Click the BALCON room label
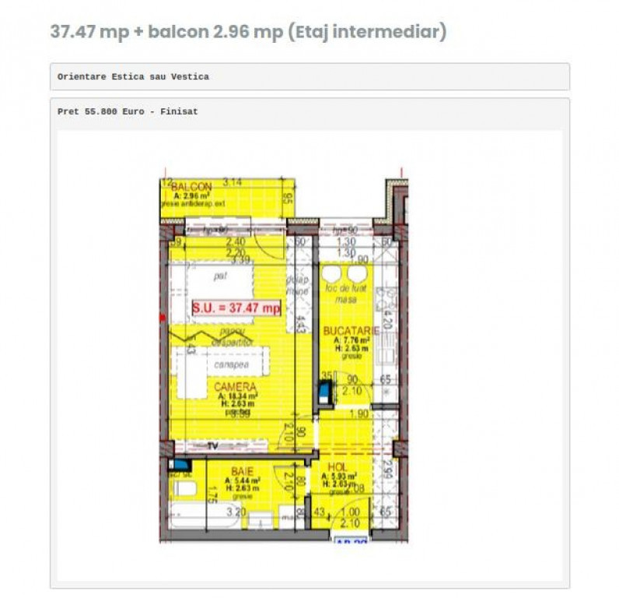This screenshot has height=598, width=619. tap(191, 188)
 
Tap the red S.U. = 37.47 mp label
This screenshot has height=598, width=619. tap(236, 308)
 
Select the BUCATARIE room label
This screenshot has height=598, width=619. tap(351, 331)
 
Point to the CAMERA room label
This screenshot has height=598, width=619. tap(235, 386)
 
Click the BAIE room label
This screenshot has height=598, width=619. tap(241, 472)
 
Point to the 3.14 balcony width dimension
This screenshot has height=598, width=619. tap(233, 182)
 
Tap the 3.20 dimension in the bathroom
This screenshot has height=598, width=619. tap(236, 512)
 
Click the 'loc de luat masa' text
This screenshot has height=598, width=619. tap(340, 293)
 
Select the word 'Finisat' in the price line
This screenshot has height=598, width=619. tap(179, 111)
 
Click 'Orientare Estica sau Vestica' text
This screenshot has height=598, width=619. tap(133, 77)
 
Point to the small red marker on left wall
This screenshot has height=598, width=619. tap(162, 318)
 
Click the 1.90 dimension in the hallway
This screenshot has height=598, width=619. tap(358, 414)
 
